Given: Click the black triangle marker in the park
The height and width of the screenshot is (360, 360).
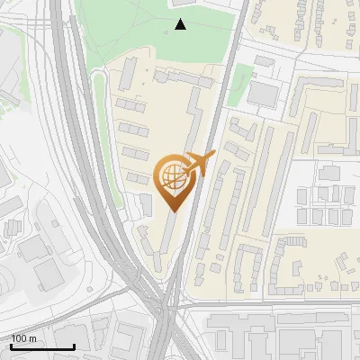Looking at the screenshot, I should click(x=181, y=24).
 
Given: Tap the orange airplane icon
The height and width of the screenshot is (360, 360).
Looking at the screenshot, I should click(x=197, y=165).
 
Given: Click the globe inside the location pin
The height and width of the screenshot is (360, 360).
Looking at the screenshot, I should click(x=172, y=177).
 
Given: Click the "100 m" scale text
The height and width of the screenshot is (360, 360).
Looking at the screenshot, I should click(x=24, y=338).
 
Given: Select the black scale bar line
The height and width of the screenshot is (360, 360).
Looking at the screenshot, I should click(x=42, y=346).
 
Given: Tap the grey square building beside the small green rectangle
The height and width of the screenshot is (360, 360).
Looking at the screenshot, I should click(x=264, y=94).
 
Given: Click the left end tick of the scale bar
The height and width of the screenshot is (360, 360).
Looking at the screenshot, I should click(x=11, y=346).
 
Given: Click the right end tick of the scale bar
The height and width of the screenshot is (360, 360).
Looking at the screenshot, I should click(x=74, y=346).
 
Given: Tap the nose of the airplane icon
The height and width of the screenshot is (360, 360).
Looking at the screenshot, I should click(x=213, y=154).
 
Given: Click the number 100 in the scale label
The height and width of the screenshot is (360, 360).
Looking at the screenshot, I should click(x=19, y=338).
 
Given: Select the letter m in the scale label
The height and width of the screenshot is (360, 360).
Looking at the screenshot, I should click(x=33, y=339).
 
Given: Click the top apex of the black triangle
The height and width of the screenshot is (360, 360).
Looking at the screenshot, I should click(x=181, y=19).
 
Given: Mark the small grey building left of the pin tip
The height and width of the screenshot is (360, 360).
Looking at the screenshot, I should click(x=144, y=204).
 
